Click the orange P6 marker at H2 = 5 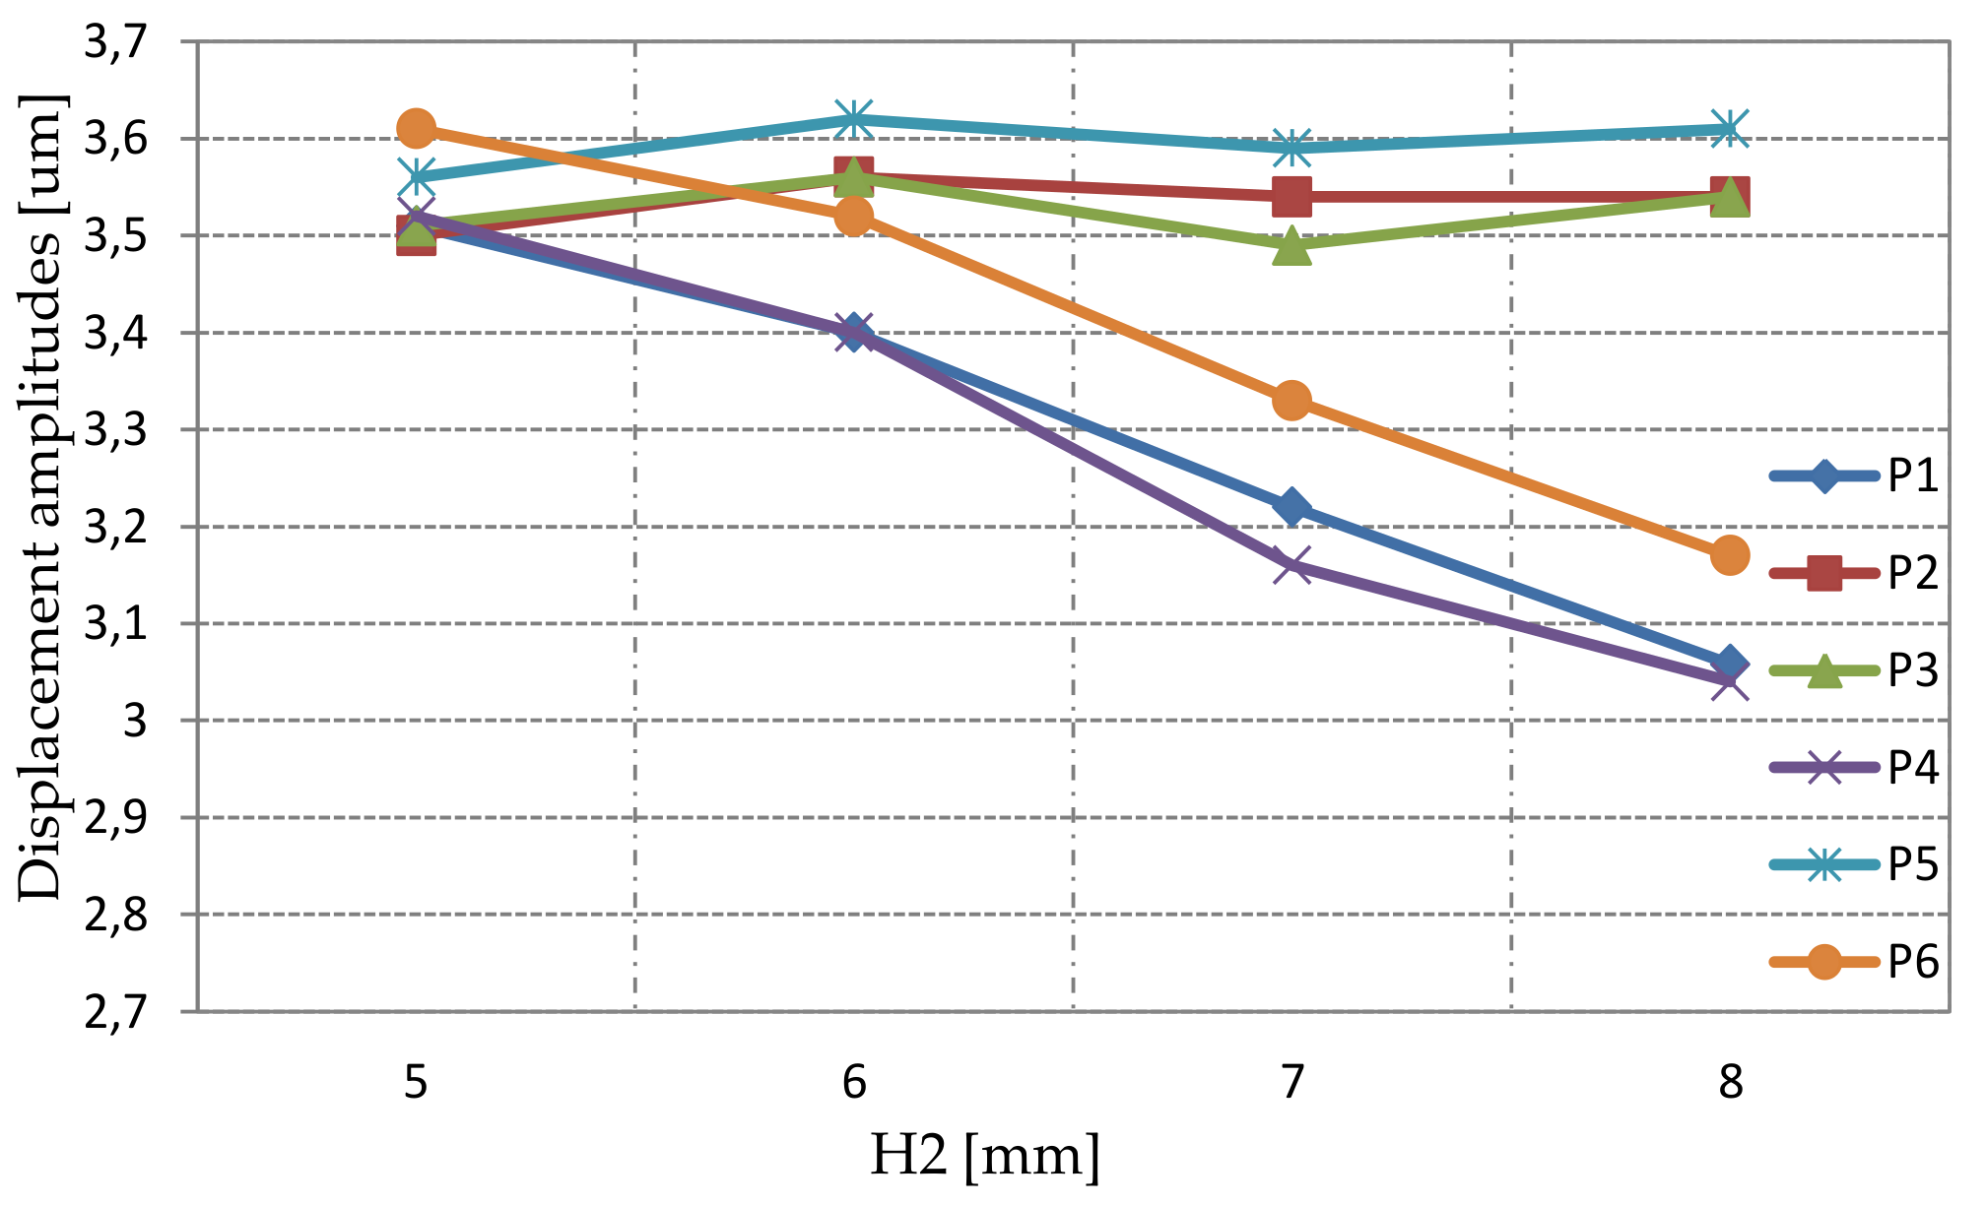(x=416, y=128)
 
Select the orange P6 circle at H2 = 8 (x=1730, y=555)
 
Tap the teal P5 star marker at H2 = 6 (x=853, y=119)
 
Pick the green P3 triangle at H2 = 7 (x=1291, y=246)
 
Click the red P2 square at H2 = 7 (x=1291, y=196)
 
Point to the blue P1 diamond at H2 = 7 (x=1291, y=507)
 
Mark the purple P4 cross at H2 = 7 (x=1291, y=565)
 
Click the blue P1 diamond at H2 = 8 (x=1730, y=663)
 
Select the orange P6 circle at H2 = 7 (x=1291, y=401)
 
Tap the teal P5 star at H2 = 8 (x=1730, y=128)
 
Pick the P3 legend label (x=1912, y=670)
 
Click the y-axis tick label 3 (x=135, y=722)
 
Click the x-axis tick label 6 (x=853, y=1083)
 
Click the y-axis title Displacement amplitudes (x=41, y=497)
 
